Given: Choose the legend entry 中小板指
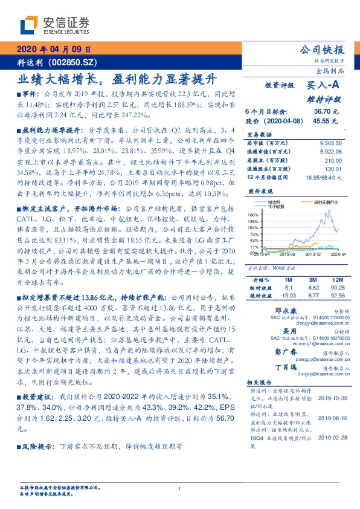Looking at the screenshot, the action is (x=275, y=206).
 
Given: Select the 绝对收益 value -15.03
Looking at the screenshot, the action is (x=287, y=296).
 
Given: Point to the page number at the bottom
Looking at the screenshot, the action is (x=180, y=489).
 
